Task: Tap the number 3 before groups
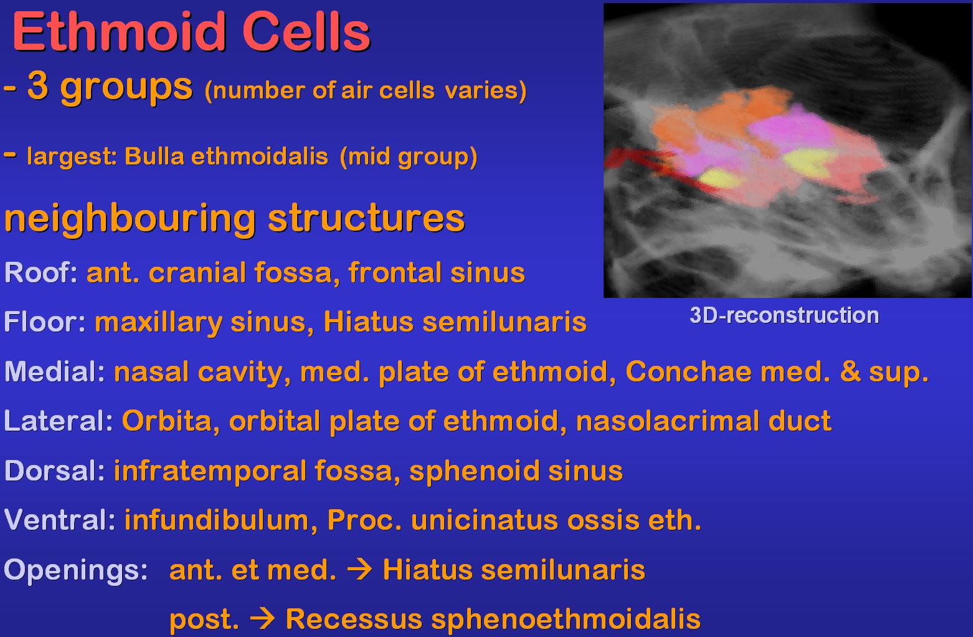(38, 85)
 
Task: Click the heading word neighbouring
(130, 220)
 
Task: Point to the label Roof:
(41, 273)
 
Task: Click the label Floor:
(45, 322)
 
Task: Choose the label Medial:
(55, 372)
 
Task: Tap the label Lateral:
(59, 421)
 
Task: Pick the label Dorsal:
(55, 471)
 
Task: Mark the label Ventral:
(60, 520)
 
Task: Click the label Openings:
(76, 570)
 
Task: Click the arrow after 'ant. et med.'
(360, 570)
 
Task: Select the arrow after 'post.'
(263, 620)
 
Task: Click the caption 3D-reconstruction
(784, 315)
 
